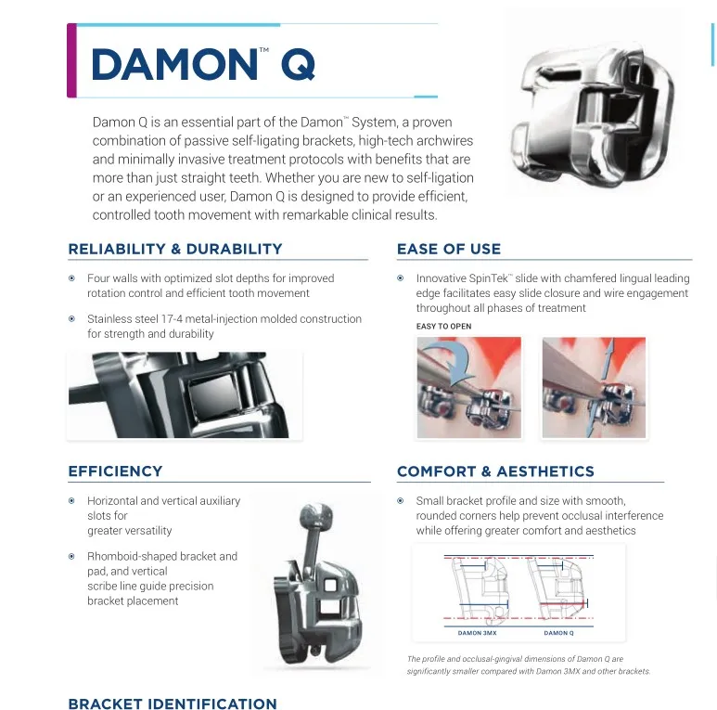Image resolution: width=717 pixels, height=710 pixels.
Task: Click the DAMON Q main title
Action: point(204,64)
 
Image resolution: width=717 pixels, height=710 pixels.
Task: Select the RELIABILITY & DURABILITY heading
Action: point(174,249)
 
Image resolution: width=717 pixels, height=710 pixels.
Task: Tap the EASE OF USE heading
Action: point(448,249)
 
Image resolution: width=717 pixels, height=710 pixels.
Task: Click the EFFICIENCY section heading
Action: point(115,471)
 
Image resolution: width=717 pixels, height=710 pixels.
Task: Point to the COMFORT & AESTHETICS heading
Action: point(495,471)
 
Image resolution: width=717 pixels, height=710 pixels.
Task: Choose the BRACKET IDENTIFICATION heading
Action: point(172,704)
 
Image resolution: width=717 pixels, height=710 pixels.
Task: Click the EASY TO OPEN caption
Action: point(443,327)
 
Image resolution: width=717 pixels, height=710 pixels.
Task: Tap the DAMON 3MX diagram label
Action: point(477,633)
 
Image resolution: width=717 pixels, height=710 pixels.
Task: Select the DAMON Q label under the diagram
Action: point(558,633)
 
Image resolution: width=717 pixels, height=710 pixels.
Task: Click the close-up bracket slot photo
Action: point(184,394)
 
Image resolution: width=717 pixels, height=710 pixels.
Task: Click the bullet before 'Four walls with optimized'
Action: point(72,278)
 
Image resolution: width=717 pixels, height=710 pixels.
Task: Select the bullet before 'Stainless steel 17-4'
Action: point(72,319)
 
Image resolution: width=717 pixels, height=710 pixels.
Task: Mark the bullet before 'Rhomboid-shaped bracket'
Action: point(72,557)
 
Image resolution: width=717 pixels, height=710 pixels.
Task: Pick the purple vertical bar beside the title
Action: point(71,60)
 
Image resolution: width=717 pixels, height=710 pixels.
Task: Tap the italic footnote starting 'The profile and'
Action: point(528,665)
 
